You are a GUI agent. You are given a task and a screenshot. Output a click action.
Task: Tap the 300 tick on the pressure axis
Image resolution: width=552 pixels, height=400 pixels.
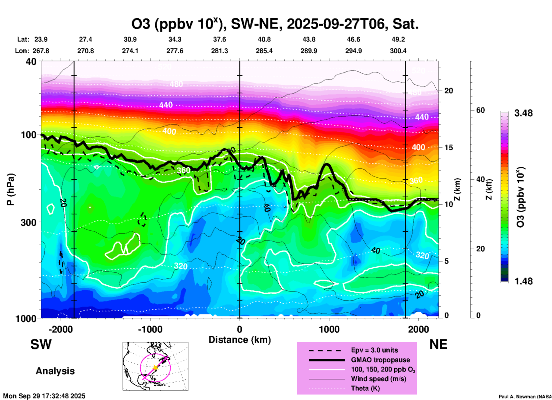point(29,222)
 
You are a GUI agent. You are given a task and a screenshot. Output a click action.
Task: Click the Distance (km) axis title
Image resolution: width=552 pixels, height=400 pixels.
point(240,340)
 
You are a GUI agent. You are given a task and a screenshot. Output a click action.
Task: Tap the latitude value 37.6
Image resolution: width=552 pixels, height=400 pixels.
point(220,39)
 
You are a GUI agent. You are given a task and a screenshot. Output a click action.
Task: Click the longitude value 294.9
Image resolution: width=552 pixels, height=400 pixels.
point(353,51)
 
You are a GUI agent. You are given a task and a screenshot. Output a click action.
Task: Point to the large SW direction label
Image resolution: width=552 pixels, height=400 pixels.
point(41,344)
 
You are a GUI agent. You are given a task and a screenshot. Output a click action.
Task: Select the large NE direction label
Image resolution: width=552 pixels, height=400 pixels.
point(438,344)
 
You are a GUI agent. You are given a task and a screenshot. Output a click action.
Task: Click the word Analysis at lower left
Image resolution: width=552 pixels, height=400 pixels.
point(55,371)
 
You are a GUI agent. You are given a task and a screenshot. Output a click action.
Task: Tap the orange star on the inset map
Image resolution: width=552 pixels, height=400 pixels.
point(155,367)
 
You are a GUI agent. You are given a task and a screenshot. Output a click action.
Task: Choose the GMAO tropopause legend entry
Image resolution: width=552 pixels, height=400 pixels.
point(380,360)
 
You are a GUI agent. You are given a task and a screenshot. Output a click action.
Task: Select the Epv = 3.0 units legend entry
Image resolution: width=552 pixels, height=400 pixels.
point(374,350)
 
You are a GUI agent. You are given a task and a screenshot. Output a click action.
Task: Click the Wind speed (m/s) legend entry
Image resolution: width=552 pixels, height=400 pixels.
point(378,379)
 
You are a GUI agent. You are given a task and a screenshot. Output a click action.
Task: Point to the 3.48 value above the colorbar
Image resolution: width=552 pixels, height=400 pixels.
point(523,113)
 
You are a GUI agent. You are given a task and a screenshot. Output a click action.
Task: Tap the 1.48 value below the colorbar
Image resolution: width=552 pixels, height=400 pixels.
point(523,281)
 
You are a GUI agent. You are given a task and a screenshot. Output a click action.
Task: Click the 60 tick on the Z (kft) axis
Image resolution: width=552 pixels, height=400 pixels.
point(480,110)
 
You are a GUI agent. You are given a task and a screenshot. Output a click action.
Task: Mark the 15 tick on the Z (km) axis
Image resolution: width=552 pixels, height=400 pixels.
point(448,147)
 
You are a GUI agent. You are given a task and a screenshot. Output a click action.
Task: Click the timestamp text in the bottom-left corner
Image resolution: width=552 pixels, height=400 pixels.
point(44,396)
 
